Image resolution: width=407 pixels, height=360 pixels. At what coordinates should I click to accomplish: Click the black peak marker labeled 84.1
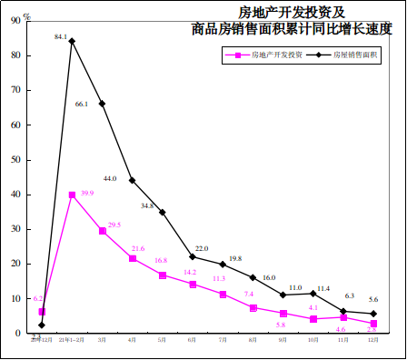point(72,41)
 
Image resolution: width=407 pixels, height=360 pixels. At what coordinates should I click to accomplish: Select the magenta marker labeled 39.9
point(72,195)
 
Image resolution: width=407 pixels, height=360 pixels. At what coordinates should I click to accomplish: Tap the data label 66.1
point(81,105)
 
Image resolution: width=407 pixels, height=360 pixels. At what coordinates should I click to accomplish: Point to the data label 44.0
point(110,179)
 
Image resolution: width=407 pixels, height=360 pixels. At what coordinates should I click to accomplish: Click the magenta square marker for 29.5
point(102,231)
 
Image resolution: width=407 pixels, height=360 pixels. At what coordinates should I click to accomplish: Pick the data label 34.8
point(146,206)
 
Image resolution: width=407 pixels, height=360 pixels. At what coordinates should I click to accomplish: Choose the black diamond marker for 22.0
point(193,256)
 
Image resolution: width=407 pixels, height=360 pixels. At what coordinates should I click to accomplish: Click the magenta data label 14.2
point(190,272)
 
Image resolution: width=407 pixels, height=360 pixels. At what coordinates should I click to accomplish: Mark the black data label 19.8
point(234,258)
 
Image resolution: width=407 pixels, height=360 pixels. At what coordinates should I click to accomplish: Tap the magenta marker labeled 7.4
point(253,308)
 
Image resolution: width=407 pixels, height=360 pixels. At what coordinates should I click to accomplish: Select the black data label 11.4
point(323,288)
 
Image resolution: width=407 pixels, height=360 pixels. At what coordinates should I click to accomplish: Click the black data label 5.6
point(372,300)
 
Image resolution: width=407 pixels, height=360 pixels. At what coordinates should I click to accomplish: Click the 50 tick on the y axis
point(17,160)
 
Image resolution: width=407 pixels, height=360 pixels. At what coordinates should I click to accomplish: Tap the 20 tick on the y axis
point(17,264)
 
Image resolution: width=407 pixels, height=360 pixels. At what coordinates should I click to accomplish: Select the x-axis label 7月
point(223,339)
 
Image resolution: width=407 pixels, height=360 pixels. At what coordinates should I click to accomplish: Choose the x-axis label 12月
point(373,339)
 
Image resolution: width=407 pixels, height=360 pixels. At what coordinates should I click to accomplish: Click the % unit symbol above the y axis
point(27,15)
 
